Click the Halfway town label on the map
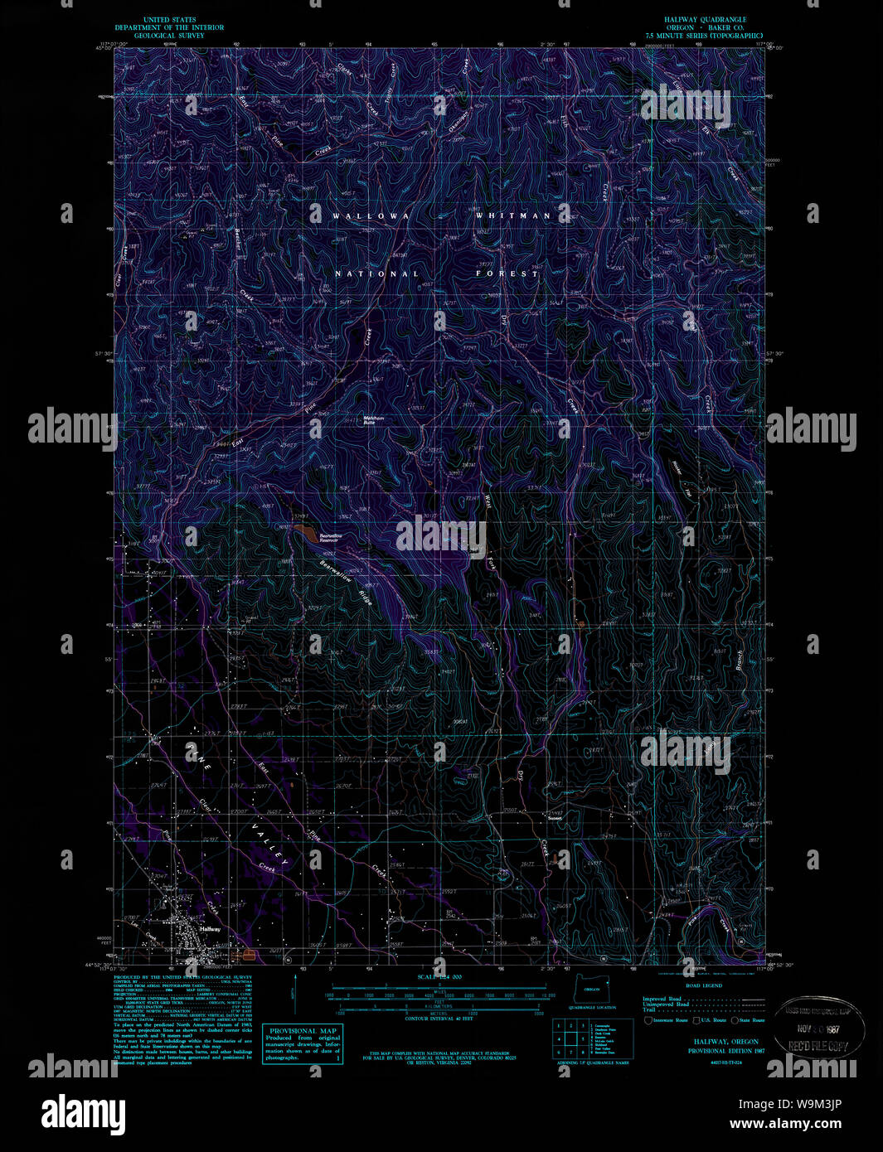point(210,929)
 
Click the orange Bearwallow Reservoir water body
point(304,531)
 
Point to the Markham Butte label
point(374,419)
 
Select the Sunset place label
point(555,818)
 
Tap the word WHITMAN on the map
point(512,215)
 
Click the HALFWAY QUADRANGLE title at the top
point(704,19)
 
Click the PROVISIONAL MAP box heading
point(303,1031)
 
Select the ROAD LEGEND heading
point(705,985)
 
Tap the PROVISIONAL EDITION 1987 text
point(726,1050)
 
